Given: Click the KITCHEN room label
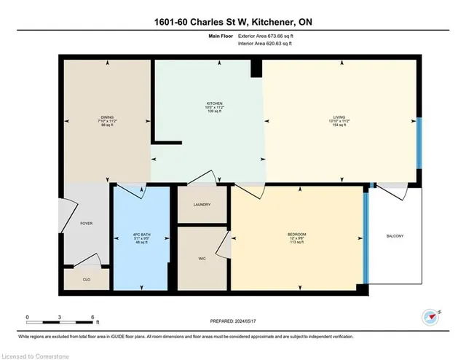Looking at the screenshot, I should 214,104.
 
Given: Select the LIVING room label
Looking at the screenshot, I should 339,116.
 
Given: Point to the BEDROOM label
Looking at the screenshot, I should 296,234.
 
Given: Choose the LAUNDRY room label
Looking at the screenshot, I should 202,205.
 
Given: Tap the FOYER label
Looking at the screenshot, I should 86,224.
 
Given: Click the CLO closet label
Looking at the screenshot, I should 86,279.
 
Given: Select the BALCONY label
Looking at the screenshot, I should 395,236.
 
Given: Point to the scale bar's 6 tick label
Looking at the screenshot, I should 92,317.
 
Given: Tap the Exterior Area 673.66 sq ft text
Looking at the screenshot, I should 266,36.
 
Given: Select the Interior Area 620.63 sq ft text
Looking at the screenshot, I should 266,44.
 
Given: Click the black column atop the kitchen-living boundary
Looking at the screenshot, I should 256,68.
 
